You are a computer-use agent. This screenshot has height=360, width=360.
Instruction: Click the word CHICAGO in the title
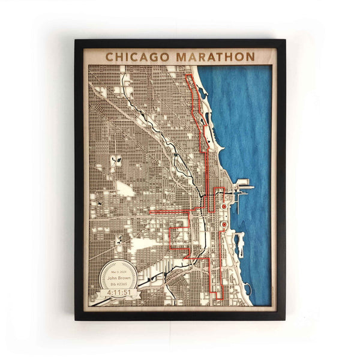(137, 56)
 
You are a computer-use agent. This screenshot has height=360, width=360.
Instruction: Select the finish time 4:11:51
(118, 293)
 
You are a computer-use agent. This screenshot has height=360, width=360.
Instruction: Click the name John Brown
(119, 278)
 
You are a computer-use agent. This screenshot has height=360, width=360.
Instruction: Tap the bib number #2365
(119, 284)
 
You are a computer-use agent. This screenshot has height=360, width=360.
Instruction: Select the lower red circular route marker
(223, 225)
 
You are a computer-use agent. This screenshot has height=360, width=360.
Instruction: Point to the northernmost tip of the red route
(189, 76)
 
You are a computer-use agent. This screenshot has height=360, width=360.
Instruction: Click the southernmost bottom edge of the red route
(217, 296)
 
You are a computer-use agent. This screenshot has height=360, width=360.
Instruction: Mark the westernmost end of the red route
(150, 212)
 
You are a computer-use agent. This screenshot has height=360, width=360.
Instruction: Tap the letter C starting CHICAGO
(110, 56)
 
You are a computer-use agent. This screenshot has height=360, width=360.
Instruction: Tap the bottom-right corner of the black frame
(284, 319)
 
